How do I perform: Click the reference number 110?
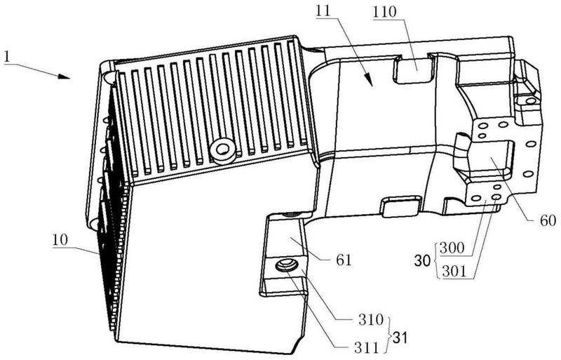pos(384,12)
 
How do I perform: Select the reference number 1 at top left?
pos(7,57)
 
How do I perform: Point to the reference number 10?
pos(60,239)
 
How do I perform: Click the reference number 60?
pos(548,220)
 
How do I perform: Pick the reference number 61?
pos(344,260)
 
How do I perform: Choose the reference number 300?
pos(452,248)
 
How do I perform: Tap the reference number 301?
pos(454,272)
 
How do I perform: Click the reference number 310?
pos(370,319)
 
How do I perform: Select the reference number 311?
pos(365,347)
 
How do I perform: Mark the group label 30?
pos(422,261)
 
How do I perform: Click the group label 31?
pos(400,338)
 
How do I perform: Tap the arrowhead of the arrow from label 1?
pos(65,76)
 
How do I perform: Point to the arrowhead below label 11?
pos(369,81)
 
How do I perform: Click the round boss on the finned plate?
pos(224,149)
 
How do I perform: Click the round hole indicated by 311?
pos(286,265)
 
